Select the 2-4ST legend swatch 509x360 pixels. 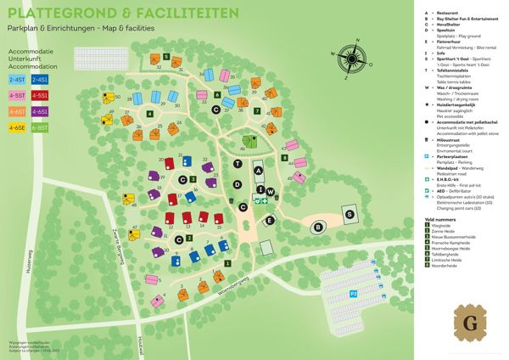click(x=17, y=78)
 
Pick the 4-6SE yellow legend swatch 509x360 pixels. click(x=17, y=127)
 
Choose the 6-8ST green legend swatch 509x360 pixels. click(x=40, y=127)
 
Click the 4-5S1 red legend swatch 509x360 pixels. click(x=40, y=95)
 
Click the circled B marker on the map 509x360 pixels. click(x=318, y=227)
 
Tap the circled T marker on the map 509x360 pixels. click(x=238, y=163)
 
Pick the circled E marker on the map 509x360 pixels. click(x=270, y=221)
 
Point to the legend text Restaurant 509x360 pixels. click(x=449, y=13)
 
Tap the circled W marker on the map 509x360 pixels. click(x=262, y=190)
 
